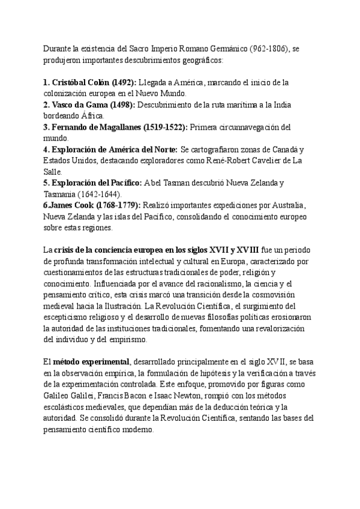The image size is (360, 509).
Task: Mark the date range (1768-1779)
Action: click(118, 205)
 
